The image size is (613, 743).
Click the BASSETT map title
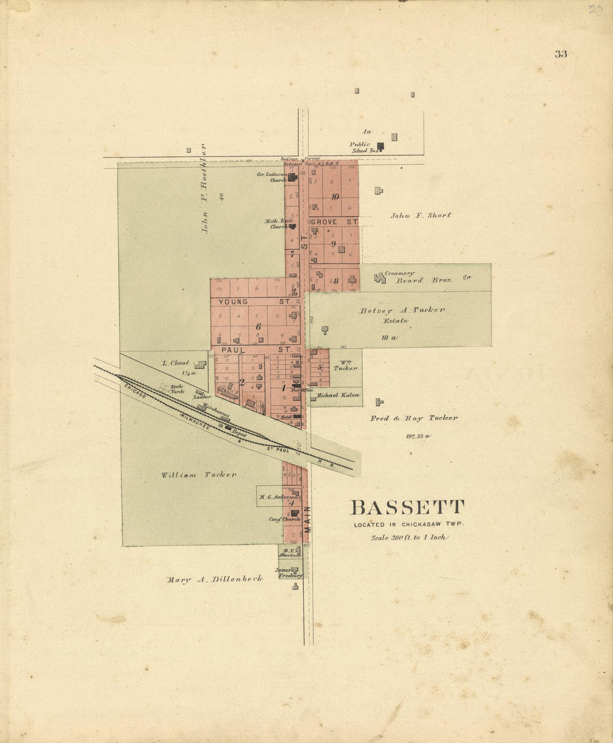pyautogui.click(x=407, y=508)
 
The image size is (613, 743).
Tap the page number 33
pyautogui.click(x=561, y=54)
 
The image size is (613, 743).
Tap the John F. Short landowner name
pyautogui.click(x=421, y=215)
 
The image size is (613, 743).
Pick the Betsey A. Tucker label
pyautogui.click(x=402, y=310)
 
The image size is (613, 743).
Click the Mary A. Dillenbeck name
pyautogui.click(x=215, y=580)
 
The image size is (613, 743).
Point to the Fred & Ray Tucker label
pyautogui.click(x=414, y=418)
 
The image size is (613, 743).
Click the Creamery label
pyautogui.click(x=400, y=273)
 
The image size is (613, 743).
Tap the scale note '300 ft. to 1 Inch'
pyautogui.click(x=410, y=538)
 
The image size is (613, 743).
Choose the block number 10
pyautogui.click(x=335, y=196)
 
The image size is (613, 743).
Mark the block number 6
pyautogui.click(x=258, y=326)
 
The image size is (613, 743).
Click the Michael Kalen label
pyautogui.click(x=338, y=395)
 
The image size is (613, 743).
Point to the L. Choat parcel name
pyautogui.click(x=176, y=363)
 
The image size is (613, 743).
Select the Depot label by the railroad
pyautogui.click(x=239, y=433)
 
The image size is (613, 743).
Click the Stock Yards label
pyautogui.click(x=177, y=389)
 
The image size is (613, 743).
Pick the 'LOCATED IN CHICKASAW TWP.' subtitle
pyautogui.click(x=408, y=524)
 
